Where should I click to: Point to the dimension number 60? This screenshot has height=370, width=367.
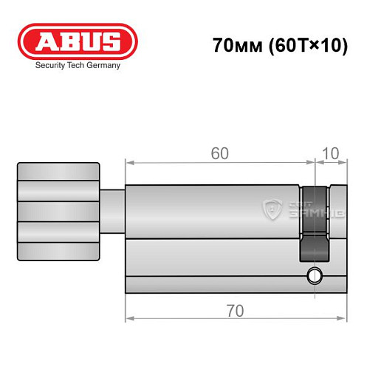pos(219,153)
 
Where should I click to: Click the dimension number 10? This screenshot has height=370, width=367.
pos(331,153)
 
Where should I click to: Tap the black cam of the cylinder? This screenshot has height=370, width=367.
pos(312,222)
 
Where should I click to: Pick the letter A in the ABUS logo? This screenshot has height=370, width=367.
pos(38,41)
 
